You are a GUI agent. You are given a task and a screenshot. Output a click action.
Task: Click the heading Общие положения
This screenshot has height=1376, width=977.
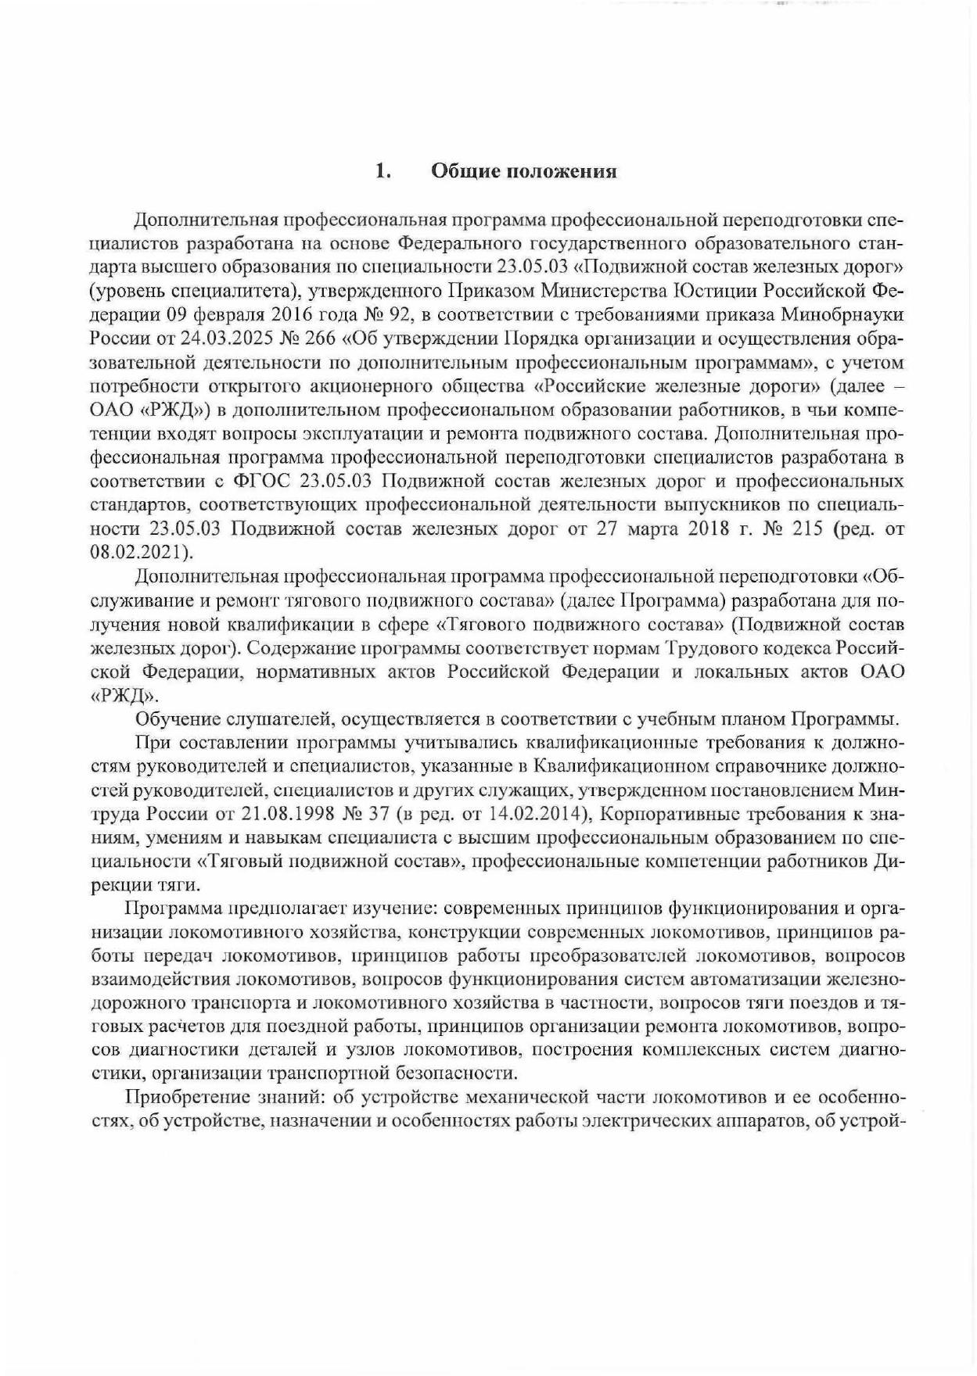click(x=524, y=171)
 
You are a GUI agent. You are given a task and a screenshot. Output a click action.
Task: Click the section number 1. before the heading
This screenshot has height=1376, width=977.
click(x=383, y=171)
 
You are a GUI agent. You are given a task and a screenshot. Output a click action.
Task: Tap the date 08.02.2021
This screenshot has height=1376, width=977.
click(x=140, y=551)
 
